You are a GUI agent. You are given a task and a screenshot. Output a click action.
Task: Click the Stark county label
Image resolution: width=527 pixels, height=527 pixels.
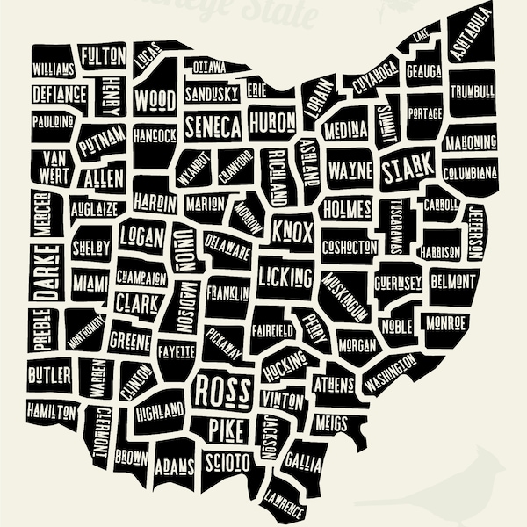(x=408, y=164)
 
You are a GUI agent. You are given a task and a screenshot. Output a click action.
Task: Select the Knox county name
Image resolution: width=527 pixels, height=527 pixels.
(x=292, y=230)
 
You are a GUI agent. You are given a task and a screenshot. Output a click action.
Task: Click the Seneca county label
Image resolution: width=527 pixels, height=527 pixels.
(x=213, y=127)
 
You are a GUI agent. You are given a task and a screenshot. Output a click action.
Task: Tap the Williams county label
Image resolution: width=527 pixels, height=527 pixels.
(x=54, y=69)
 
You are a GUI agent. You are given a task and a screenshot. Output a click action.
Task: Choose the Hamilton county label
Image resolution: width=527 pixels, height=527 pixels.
(x=51, y=411)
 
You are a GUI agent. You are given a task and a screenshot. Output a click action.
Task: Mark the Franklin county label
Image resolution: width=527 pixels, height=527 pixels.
(x=227, y=293)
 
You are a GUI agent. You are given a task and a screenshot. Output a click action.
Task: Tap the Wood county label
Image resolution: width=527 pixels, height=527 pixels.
(x=155, y=99)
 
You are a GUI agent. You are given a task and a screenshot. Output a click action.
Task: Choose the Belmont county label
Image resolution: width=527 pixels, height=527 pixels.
(x=453, y=281)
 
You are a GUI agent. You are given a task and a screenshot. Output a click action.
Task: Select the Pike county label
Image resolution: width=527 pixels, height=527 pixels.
(x=228, y=429)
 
